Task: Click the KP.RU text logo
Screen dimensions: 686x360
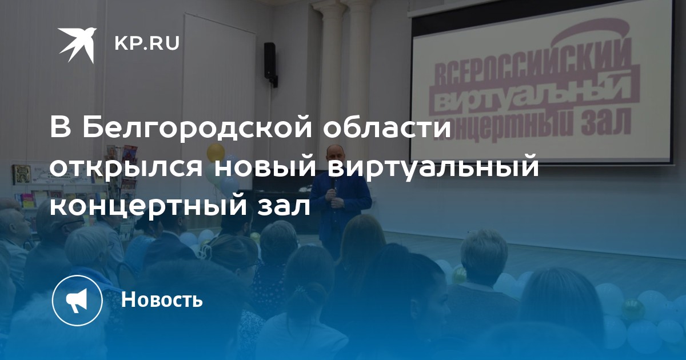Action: [x=147, y=43]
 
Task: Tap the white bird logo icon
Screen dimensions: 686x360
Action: [x=77, y=45]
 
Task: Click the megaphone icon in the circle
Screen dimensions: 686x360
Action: [x=77, y=301]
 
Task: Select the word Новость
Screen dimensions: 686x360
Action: [x=162, y=299]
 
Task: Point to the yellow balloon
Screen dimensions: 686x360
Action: [x=216, y=153]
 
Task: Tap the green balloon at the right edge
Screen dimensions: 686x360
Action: [x=632, y=309]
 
